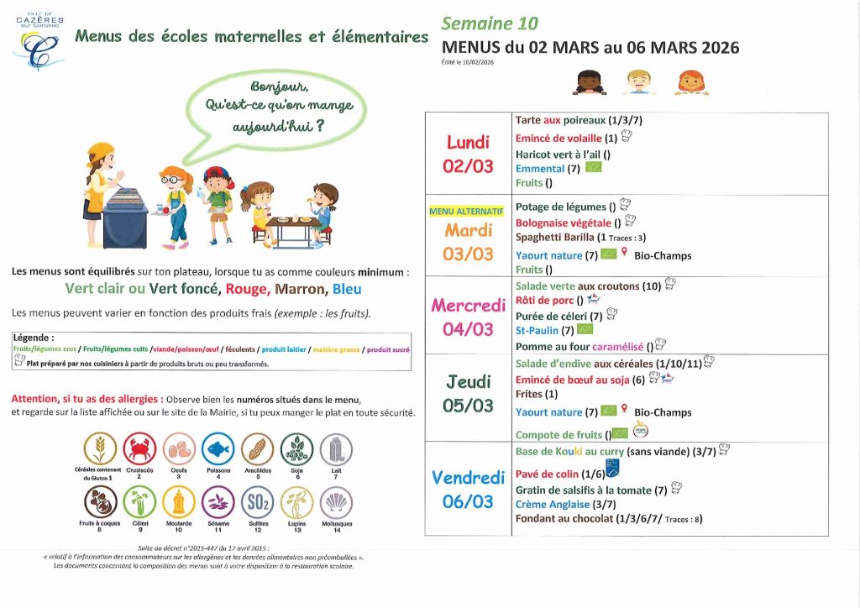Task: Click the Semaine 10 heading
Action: coord(490,24)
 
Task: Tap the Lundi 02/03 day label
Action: coord(468,154)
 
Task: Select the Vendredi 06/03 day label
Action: coord(468,490)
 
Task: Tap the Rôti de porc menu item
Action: coord(545,300)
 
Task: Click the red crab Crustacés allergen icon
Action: coord(139,449)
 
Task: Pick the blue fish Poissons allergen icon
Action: coord(218,449)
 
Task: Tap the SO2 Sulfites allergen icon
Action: coord(257,503)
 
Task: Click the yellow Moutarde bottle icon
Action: coord(179,503)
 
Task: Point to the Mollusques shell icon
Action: coord(336,503)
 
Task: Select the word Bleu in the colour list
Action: coord(347,289)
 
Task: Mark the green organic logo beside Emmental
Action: coord(594,167)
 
